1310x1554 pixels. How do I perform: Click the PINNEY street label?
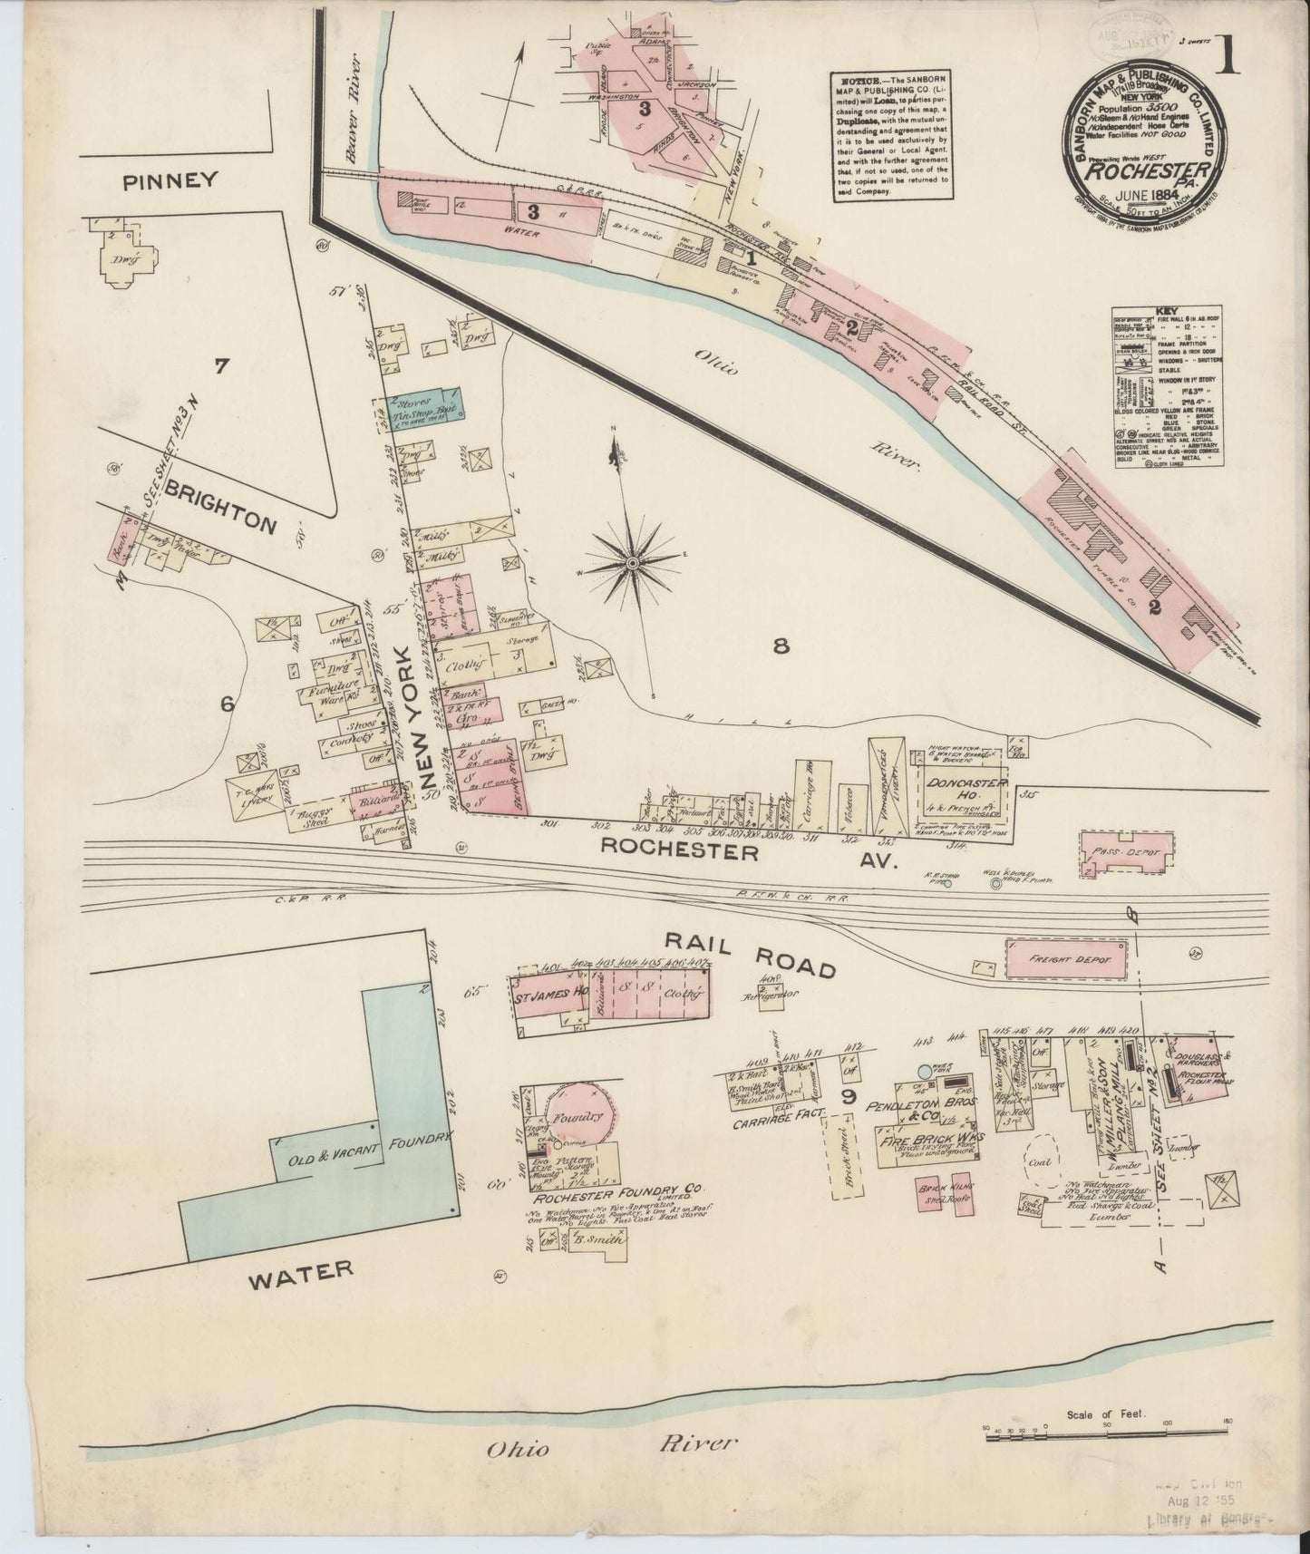pyautogui.click(x=171, y=180)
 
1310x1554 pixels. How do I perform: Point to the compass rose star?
pyautogui.click(x=632, y=564)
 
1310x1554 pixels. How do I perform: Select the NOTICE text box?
pyautogui.click(x=889, y=133)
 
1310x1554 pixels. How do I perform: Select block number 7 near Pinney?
pyautogui.click(x=220, y=367)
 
